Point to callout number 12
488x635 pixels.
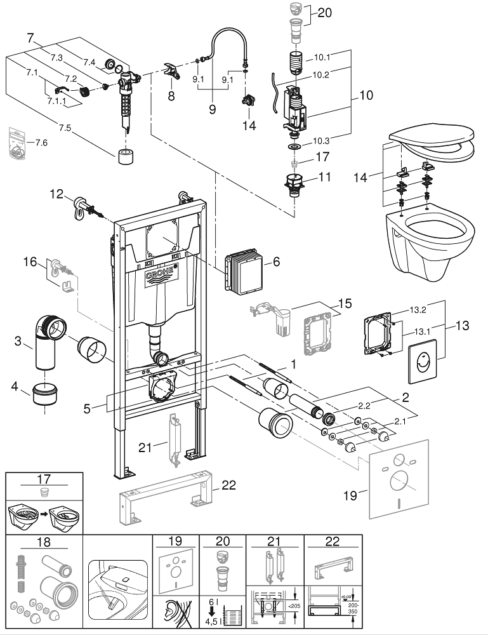pos(57,194)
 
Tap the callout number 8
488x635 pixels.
pos(170,96)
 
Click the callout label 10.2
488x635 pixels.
pos(320,74)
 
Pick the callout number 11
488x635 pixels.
pos(324,177)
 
